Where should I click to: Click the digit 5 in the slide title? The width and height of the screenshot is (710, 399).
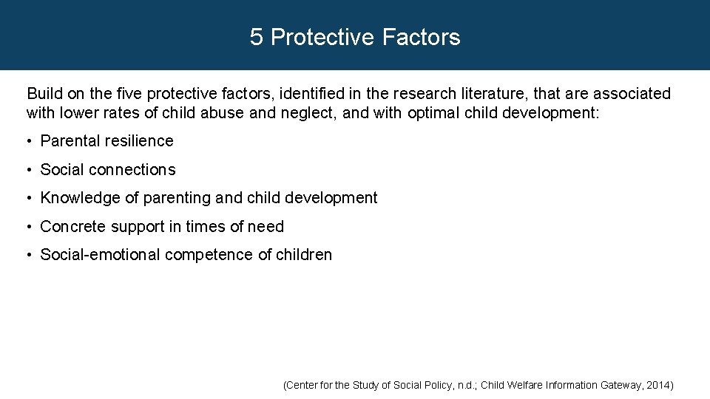(256, 37)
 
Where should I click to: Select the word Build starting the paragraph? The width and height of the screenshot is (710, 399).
(44, 94)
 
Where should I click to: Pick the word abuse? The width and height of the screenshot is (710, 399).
(222, 113)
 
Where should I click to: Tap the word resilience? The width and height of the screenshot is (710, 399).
(139, 141)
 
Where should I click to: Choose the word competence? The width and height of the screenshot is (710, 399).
(209, 255)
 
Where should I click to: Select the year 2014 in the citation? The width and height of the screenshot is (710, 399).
(660, 385)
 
